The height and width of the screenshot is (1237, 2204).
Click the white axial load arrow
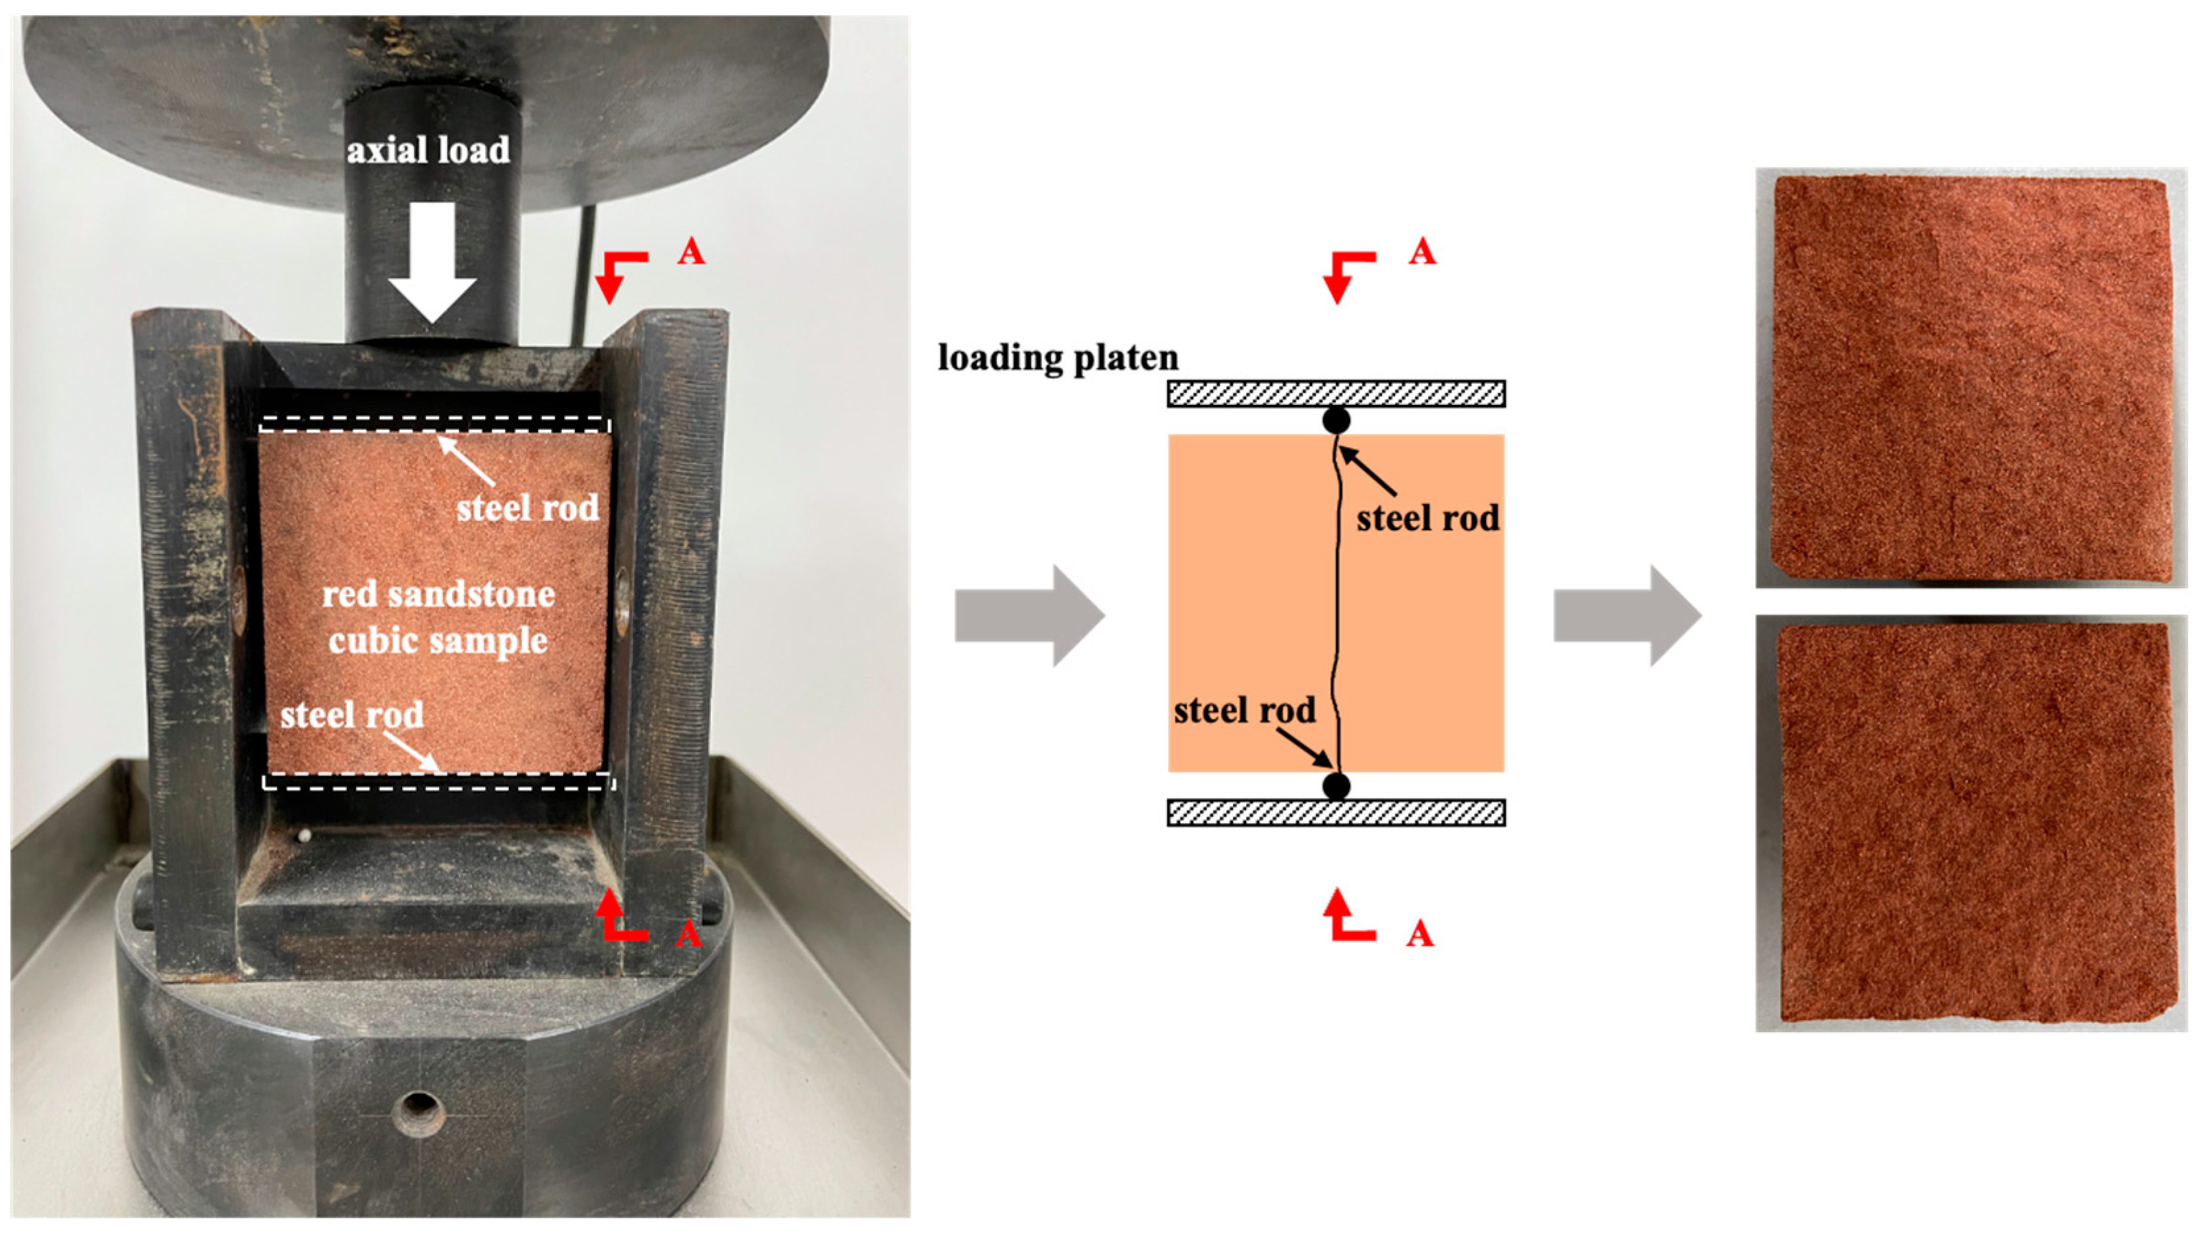pos(432,262)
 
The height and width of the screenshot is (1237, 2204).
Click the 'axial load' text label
pos(428,150)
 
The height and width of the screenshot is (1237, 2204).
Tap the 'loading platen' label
pos(1057,357)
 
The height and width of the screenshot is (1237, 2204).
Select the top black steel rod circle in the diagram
pos(1336,420)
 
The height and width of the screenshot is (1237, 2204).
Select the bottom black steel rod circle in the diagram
pos(1336,785)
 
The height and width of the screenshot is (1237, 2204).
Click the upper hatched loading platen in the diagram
pos(1336,394)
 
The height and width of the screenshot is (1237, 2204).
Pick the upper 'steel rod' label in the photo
pos(527,508)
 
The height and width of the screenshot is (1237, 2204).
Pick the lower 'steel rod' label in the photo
pos(351,714)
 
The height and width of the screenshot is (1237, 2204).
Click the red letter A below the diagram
pos(1419,934)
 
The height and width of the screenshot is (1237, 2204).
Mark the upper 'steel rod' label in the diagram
pos(1427,518)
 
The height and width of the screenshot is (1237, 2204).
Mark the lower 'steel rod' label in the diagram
pos(1244,710)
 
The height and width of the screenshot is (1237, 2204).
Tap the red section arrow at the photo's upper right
pos(620,274)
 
